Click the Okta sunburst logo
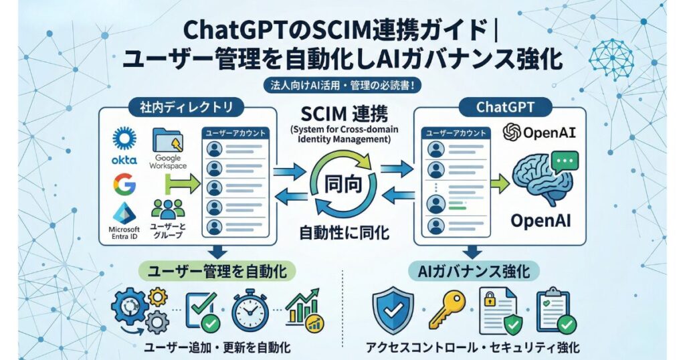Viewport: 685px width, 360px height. tap(124, 138)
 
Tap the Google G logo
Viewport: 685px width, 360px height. tap(124, 183)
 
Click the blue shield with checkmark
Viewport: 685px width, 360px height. tap(392, 309)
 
